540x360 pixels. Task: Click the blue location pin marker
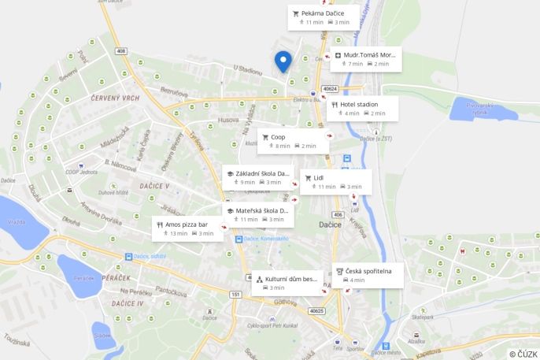coord(283,61)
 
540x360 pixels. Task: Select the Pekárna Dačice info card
coord(322,17)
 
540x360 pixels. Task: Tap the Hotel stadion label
coord(362,108)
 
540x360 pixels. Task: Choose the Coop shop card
coord(292,140)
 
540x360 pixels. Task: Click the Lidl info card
coord(335,181)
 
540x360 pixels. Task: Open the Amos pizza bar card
coord(187,228)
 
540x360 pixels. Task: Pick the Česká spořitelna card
coord(368,275)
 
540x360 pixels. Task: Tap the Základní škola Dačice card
coord(257,177)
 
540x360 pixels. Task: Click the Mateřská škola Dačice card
coord(258,214)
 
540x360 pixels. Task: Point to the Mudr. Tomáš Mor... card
coord(366,59)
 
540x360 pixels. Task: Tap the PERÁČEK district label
coord(127,280)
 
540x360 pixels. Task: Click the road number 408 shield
coord(120,51)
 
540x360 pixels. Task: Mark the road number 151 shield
coord(235,294)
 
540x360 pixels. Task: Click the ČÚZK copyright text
coord(523,354)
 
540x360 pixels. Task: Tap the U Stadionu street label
coord(247,69)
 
